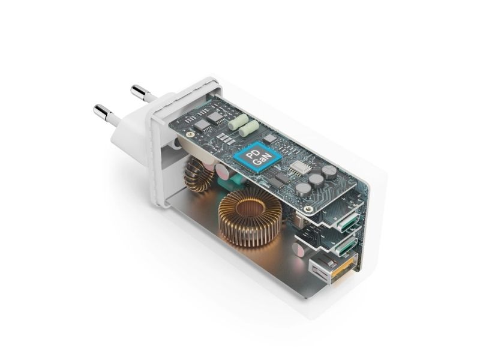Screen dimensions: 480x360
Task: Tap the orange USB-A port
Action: [334, 266]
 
